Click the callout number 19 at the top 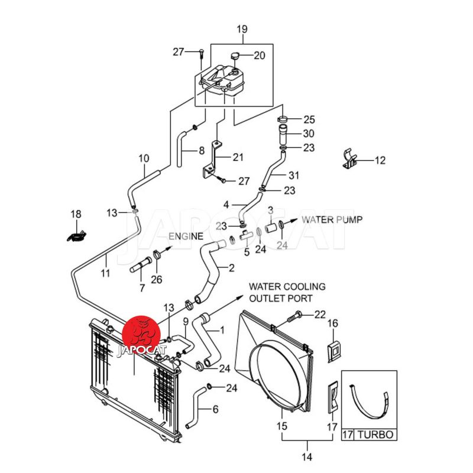(242, 29)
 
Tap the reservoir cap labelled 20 (235, 56)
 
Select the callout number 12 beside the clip (380, 160)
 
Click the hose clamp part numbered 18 (75, 235)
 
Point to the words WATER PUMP (333, 219)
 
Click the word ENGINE (186, 237)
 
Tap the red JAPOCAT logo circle (141, 336)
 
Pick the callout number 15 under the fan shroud (281, 426)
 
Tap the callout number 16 (333, 323)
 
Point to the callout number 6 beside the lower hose (215, 409)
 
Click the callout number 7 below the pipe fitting (142, 288)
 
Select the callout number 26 (157, 280)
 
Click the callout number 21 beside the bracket (238, 157)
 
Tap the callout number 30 (309, 134)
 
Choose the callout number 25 (309, 119)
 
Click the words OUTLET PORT (280, 299)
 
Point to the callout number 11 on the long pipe (105, 273)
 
